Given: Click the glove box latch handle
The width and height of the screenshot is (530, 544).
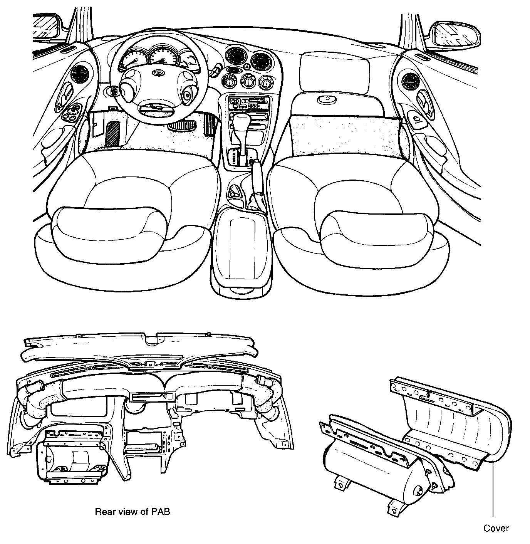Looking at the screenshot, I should pyautogui.click(x=327, y=99).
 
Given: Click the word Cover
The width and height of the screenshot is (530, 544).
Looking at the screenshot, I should pyautogui.click(x=496, y=528).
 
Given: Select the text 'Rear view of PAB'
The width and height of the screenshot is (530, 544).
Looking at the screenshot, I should pyautogui.click(x=132, y=512).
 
